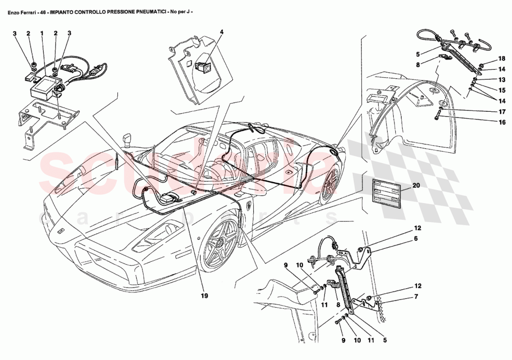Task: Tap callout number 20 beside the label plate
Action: point(416,185)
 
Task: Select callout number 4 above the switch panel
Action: point(222,32)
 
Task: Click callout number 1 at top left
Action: point(42,34)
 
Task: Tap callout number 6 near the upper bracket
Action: point(416,238)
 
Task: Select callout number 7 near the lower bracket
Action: point(416,296)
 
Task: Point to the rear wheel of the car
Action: point(330,184)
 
